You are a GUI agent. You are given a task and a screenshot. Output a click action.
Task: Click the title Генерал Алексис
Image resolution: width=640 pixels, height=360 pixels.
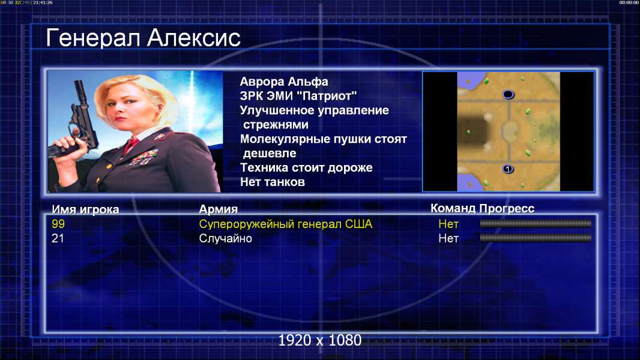click(x=143, y=38)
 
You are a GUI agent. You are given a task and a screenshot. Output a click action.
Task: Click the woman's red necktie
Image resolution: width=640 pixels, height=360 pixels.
click(x=131, y=144)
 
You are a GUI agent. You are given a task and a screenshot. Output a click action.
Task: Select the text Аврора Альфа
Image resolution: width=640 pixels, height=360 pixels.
click(x=283, y=82)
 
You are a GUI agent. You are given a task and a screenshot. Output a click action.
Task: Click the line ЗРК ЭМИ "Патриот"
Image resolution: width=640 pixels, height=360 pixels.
click(x=298, y=96)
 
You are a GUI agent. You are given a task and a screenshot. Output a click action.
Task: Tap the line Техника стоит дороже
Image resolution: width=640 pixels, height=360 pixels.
click(x=306, y=167)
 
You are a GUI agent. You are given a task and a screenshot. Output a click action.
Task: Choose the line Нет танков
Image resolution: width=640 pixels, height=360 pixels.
click(x=272, y=182)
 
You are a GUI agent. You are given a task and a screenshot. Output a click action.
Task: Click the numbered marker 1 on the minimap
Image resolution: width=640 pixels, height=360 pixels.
click(x=508, y=169)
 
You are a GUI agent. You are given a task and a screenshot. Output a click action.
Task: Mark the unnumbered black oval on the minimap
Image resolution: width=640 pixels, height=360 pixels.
click(x=508, y=95)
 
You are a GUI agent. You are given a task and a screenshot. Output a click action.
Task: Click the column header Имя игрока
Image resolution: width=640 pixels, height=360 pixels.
click(x=85, y=209)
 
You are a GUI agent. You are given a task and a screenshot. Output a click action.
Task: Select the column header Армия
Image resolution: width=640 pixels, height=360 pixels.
click(x=218, y=209)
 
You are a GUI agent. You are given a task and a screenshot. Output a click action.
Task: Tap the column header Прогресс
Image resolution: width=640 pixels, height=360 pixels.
click(x=507, y=209)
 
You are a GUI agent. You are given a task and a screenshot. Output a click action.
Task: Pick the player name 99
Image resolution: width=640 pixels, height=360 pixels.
click(x=58, y=224)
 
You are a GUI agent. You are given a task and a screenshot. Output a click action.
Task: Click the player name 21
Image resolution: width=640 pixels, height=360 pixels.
click(x=58, y=238)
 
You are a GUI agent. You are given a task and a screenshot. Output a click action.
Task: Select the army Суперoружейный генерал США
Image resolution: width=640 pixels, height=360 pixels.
click(x=286, y=224)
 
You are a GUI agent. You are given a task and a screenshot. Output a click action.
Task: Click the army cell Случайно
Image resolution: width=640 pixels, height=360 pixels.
click(x=225, y=239)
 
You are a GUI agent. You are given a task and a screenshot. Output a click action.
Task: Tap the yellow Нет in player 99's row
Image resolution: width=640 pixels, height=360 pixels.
click(x=448, y=224)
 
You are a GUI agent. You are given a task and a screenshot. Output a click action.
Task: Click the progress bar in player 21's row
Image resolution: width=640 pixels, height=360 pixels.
click(x=536, y=238)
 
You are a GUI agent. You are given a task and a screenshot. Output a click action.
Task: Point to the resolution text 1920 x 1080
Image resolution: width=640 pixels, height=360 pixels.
click(x=320, y=340)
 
